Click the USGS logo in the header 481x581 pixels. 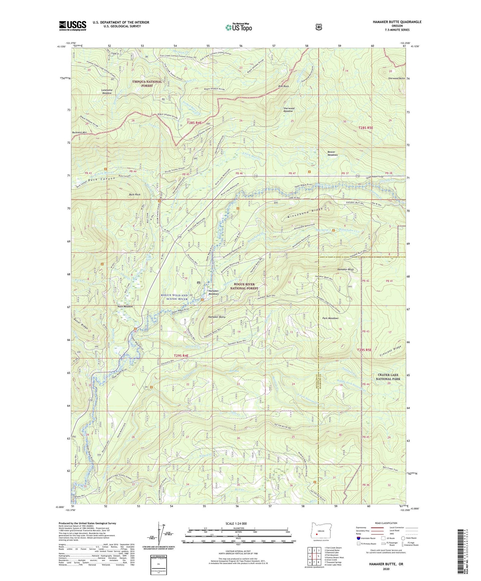[x=73, y=26]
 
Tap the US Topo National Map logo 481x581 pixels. [x=238, y=27]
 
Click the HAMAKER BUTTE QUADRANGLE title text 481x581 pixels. [x=392, y=22]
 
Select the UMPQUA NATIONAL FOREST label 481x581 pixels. [x=147, y=84]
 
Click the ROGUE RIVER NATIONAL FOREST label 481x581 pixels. [x=244, y=287]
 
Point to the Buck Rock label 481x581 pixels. [x=134, y=194]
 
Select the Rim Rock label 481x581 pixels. [x=283, y=87]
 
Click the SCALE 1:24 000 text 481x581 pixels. [x=238, y=523]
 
